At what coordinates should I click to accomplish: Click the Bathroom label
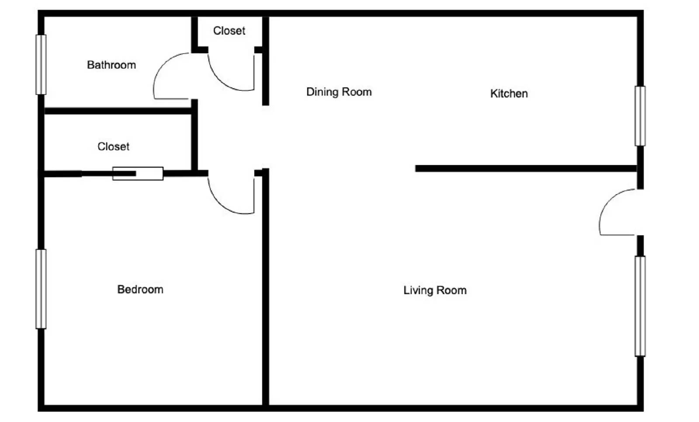tap(111, 65)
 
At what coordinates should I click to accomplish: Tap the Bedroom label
tap(140, 290)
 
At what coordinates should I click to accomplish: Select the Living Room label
tap(435, 291)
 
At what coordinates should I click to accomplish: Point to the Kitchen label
tap(509, 93)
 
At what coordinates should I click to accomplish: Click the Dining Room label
tap(339, 92)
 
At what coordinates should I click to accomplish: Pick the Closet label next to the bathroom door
tap(229, 31)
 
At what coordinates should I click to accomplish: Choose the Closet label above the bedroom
tap(113, 147)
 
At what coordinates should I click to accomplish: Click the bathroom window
tap(41, 65)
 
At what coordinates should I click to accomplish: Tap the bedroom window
tap(41, 289)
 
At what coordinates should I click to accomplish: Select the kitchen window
tap(640, 116)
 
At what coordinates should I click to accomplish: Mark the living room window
tap(640, 306)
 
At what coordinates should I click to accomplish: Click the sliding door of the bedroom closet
tap(138, 173)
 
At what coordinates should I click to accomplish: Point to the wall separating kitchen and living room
tap(524, 169)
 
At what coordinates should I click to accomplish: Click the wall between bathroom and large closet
tap(118, 111)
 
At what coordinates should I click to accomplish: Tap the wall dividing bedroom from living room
tap(265, 288)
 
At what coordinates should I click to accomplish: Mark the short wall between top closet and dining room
tap(265, 61)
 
